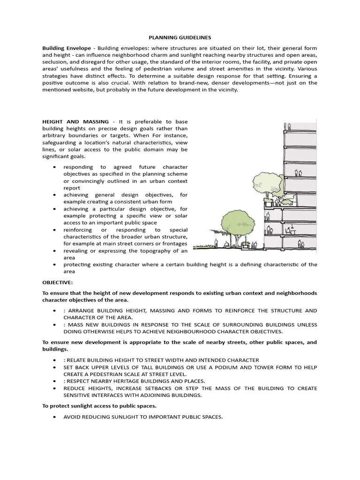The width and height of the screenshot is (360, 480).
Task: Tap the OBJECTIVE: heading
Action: tap(58, 282)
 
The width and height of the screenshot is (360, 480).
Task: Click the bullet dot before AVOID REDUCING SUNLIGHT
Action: tap(55, 416)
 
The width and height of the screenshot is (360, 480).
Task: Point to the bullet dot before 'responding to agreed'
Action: tap(55, 167)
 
